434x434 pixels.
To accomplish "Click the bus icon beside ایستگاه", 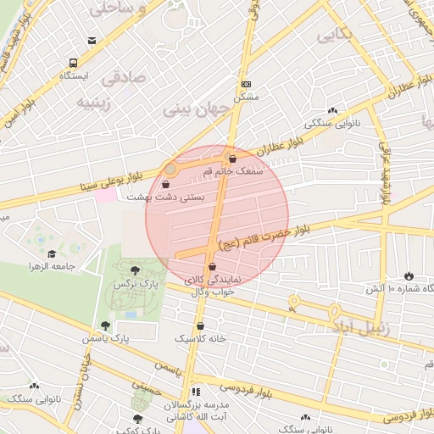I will click(74, 63).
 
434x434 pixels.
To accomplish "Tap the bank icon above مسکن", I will click(247, 85).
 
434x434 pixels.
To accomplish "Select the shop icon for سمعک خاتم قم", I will click(232, 159).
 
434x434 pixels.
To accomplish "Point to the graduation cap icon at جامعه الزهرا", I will click(51, 253).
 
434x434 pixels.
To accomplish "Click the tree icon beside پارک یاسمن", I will click(105, 325).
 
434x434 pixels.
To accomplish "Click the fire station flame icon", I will click(409, 275).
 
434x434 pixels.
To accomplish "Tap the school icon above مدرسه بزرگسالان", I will click(196, 392).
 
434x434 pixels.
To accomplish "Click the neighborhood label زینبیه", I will click(96, 102).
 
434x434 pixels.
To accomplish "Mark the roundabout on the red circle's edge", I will click(170, 170).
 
